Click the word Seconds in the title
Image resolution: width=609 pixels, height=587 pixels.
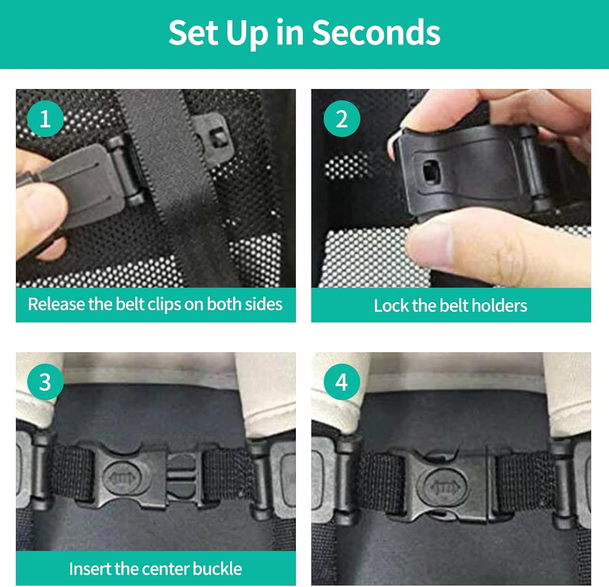(x=376, y=32)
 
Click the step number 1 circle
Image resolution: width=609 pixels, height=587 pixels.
(x=45, y=119)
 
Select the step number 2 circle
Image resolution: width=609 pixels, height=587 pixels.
(x=341, y=119)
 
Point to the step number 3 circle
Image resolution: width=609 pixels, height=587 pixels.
(x=45, y=382)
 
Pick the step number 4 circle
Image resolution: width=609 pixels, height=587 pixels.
(x=341, y=382)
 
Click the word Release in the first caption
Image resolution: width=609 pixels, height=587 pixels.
(x=56, y=304)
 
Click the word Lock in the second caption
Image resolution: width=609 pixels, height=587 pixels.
(x=391, y=305)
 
